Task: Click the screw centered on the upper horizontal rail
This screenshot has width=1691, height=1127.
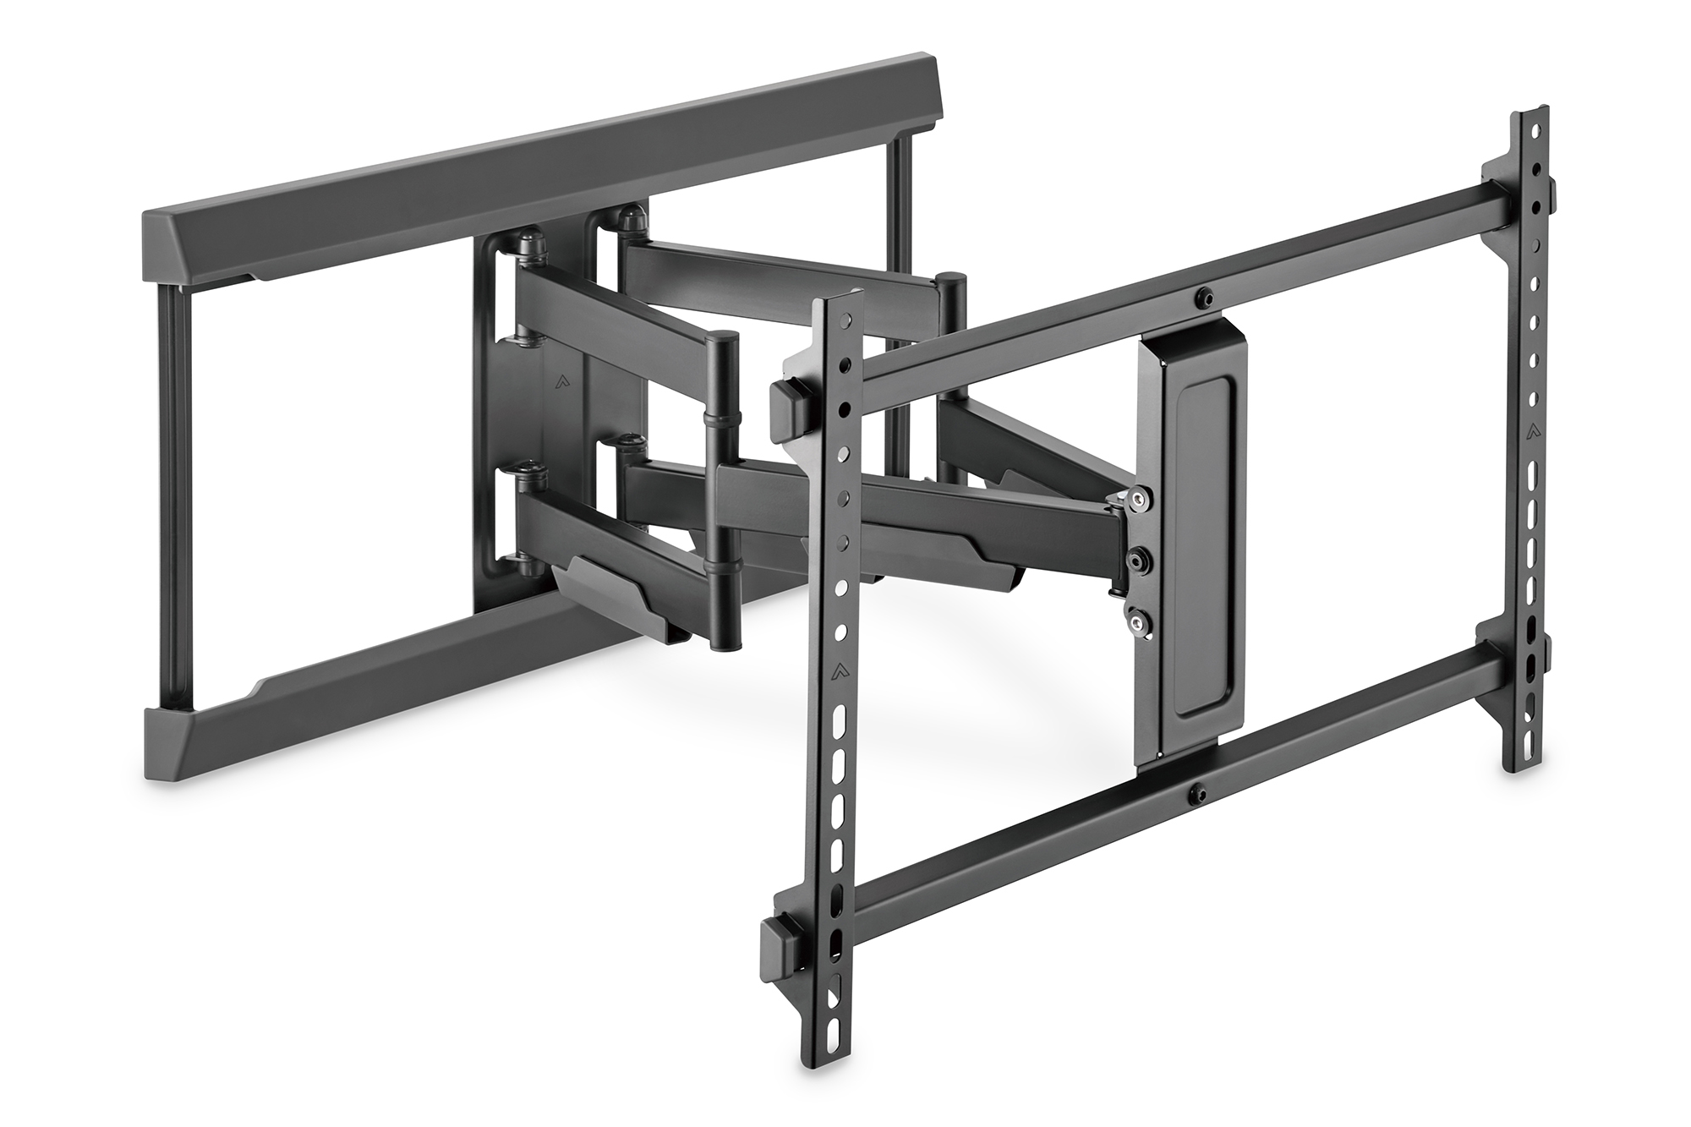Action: tap(1203, 298)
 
